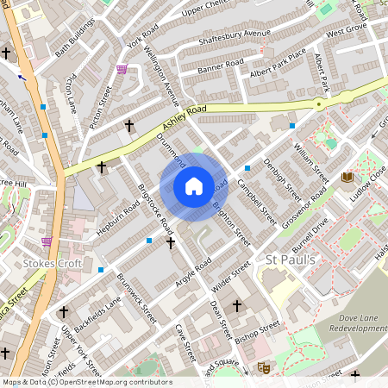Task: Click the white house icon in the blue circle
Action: tap(194, 186)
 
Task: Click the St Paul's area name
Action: tap(291, 260)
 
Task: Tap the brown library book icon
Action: tap(347, 177)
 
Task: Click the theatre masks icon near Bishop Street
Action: tap(265, 368)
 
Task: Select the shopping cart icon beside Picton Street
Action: tap(122, 70)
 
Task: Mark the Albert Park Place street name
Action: tap(278, 65)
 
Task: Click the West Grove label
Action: tap(347, 30)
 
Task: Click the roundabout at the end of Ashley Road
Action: tap(320, 104)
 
